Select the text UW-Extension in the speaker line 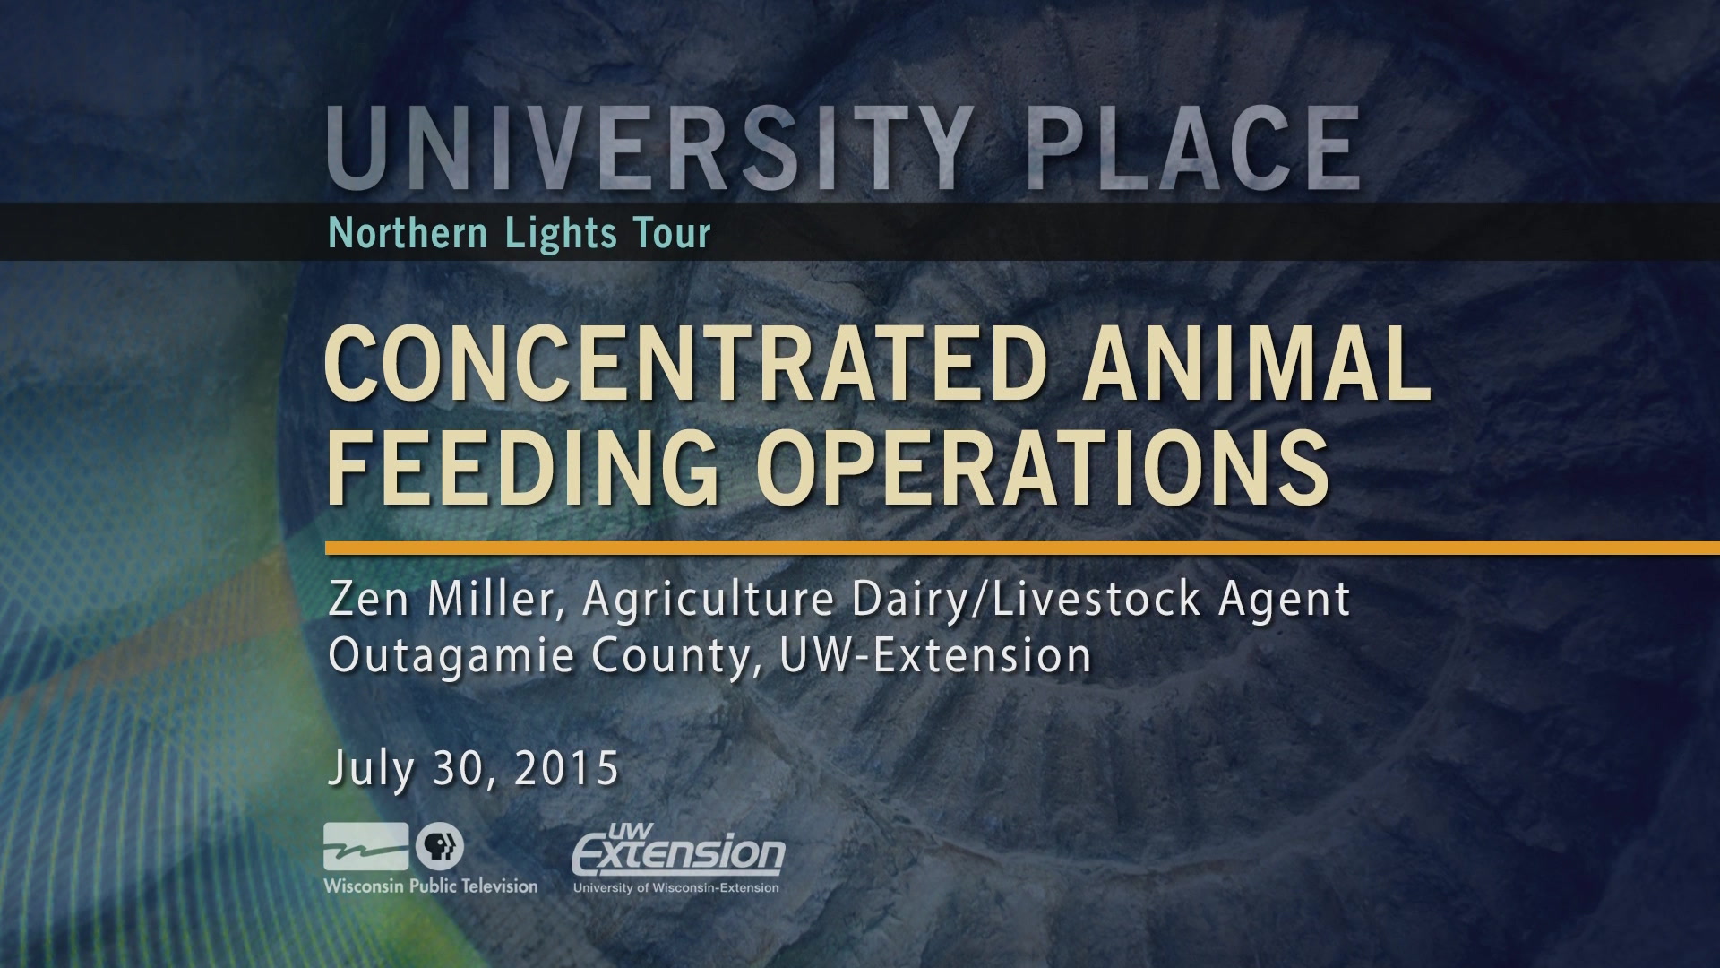[935, 656]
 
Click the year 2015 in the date [566, 769]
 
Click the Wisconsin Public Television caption [431, 886]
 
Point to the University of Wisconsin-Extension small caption [676, 887]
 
